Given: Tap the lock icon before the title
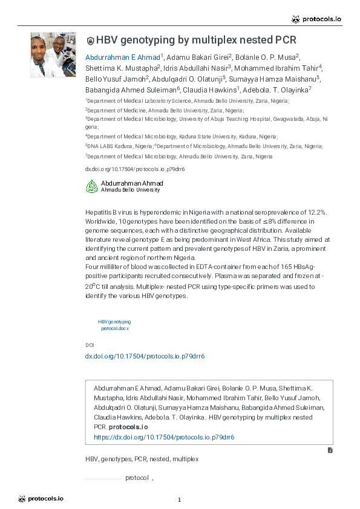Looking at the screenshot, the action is click(x=91, y=41).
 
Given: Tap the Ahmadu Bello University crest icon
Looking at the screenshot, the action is click(x=91, y=186).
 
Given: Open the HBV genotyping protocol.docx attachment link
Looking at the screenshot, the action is click(x=114, y=325).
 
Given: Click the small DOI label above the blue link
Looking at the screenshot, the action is click(x=90, y=345).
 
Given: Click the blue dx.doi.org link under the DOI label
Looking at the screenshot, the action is click(x=145, y=356).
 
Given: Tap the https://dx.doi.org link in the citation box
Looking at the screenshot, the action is click(x=164, y=436).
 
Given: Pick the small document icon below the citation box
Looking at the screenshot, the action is click(x=330, y=450).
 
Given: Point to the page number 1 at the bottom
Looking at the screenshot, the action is click(x=180, y=499).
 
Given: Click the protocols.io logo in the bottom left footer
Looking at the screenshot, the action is click(x=41, y=499).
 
